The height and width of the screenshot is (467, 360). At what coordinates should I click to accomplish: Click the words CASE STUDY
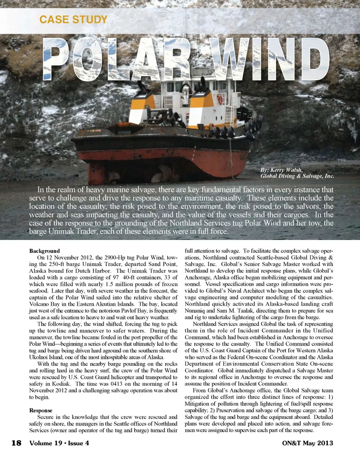73,20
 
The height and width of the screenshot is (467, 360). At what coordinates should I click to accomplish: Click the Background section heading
44,251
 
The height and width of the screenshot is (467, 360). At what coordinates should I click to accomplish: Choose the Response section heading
40,410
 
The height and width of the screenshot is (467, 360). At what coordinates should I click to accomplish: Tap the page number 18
16,443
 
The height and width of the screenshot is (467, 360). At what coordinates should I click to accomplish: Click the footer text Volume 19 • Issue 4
59,443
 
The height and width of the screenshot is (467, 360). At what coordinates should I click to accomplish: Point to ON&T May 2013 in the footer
307,443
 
